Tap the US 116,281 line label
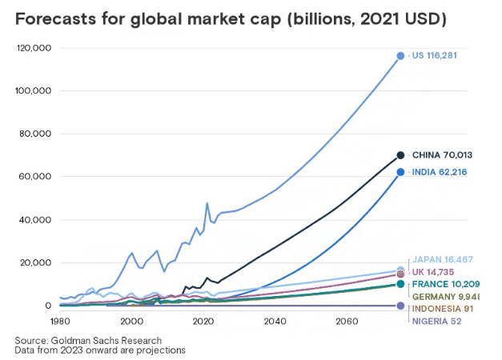click(437, 55)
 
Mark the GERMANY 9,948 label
click(444, 296)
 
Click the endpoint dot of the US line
click(400, 56)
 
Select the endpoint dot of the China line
click(400, 155)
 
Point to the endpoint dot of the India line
click(400, 172)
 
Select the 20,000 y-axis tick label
click(37, 262)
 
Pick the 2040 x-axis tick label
click(275, 322)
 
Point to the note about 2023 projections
click(100, 350)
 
